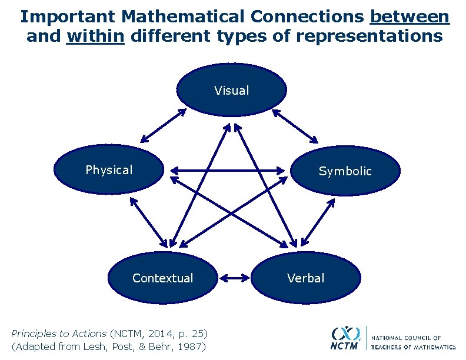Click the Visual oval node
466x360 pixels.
(x=232, y=89)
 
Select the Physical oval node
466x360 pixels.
(x=109, y=170)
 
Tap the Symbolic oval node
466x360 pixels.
(x=345, y=171)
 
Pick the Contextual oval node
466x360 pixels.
(x=162, y=278)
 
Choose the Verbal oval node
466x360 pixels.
(x=305, y=278)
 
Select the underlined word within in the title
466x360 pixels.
(x=96, y=36)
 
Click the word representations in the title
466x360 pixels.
(x=370, y=36)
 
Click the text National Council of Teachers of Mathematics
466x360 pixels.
(x=413, y=342)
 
